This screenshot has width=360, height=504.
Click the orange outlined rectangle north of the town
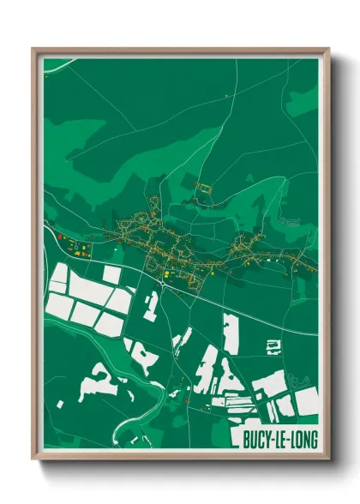[x=204, y=186]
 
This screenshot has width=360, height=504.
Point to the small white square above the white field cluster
[x=111, y=274]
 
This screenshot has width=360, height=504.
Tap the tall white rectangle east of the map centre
[x=229, y=333]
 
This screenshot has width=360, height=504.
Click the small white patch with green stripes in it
[x=273, y=346]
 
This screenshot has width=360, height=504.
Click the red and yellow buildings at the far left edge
[x=62, y=236]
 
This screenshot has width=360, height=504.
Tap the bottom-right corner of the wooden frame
[x=328, y=459]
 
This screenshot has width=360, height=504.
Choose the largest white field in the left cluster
[x=91, y=292]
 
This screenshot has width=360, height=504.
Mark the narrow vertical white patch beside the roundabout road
[x=151, y=305]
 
